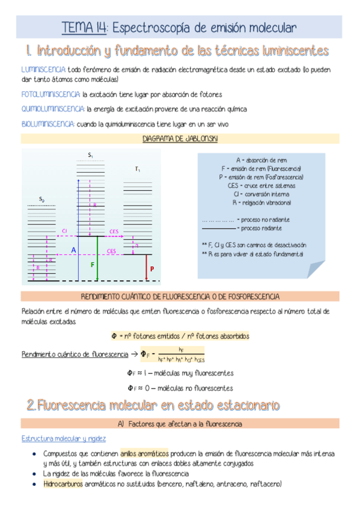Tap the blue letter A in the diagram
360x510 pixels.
pyautogui.click(x=74, y=250)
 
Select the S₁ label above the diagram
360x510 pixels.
pyautogui.click(x=90, y=156)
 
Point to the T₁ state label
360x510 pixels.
pyautogui.click(x=138, y=170)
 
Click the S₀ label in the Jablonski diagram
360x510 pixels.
pyautogui.click(x=41, y=199)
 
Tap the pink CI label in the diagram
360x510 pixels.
pyautogui.click(x=65, y=231)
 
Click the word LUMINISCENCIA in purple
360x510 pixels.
pyautogui.click(x=43, y=70)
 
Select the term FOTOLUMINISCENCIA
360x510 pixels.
pyautogui.click(x=50, y=94)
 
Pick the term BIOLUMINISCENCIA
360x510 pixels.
pyautogui.click(x=48, y=124)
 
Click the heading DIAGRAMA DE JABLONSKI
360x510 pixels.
pyautogui.click(x=180, y=139)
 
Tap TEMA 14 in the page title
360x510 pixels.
pyautogui.click(x=85, y=28)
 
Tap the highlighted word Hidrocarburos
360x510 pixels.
pyautogui.click(x=63, y=484)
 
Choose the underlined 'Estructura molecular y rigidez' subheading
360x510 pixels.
pyautogui.click(x=64, y=439)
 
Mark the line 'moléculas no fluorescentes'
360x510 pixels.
pyautogui.click(x=180, y=388)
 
